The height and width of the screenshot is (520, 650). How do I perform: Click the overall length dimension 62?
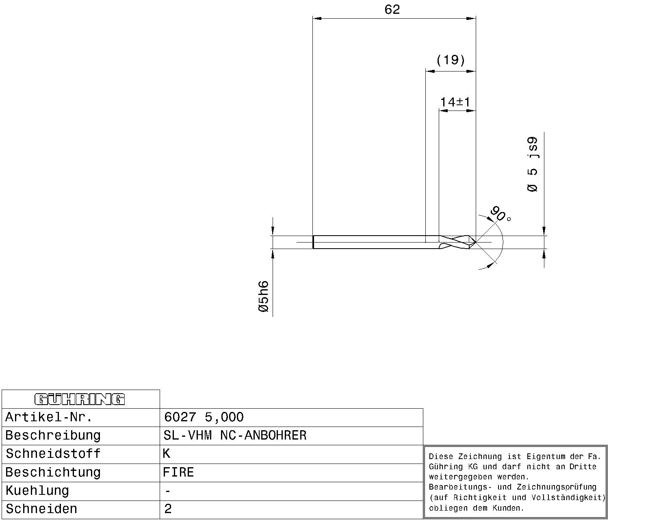[392, 10]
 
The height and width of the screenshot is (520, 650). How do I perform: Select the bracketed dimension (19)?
[451, 60]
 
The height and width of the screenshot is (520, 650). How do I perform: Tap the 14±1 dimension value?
[455, 102]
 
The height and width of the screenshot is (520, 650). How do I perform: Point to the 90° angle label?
[500, 214]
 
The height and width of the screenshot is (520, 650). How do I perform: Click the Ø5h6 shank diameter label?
[264, 296]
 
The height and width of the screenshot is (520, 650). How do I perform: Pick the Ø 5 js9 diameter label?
[533, 165]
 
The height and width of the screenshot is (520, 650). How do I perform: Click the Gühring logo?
[80, 399]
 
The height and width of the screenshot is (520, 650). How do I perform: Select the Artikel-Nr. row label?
[49, 417]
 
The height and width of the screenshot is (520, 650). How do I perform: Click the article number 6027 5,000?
[204, 417]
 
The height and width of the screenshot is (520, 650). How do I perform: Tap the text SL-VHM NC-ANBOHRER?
[235, 435]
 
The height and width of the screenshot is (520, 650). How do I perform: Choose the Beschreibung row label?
[53, 435]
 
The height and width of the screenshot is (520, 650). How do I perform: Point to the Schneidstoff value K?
[167, 453]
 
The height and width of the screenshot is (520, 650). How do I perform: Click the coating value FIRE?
[178, 472]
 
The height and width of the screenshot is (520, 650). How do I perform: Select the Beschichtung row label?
[53, 472]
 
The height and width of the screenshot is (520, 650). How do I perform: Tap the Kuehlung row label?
[37, 491]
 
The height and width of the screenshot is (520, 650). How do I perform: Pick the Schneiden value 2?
[168, 509]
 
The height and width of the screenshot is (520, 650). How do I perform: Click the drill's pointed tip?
[476, 242]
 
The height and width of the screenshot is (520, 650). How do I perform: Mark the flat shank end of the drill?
[313, 242]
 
